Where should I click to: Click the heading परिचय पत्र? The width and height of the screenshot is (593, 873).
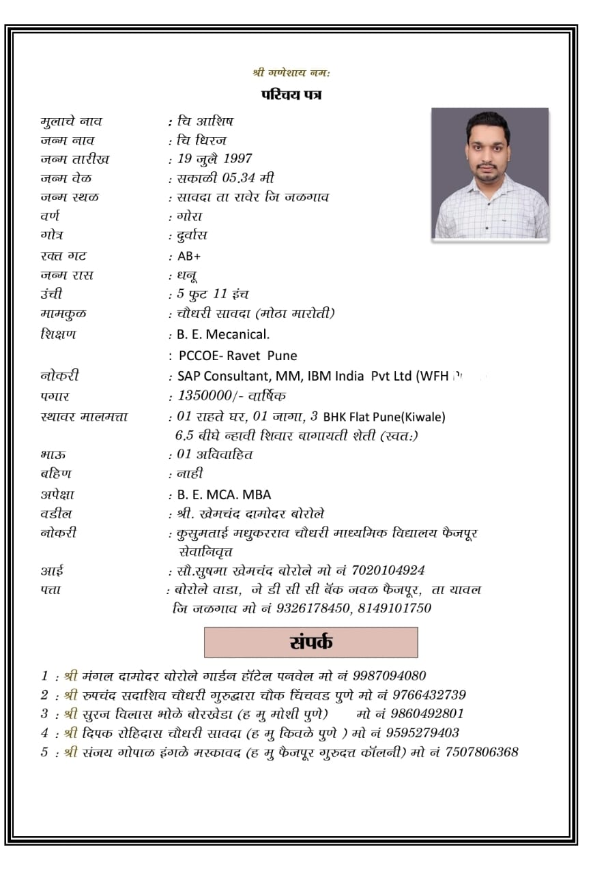291,94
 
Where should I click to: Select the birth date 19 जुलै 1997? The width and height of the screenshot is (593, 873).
214,159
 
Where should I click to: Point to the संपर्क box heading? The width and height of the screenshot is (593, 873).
310,642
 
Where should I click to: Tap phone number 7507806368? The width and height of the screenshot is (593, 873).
482,752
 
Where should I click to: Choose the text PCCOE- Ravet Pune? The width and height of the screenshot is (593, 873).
237,355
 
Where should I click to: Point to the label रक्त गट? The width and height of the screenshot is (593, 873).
63,256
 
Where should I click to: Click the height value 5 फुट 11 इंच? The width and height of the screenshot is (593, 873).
213,294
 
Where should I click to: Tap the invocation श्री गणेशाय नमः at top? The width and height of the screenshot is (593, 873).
291,72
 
